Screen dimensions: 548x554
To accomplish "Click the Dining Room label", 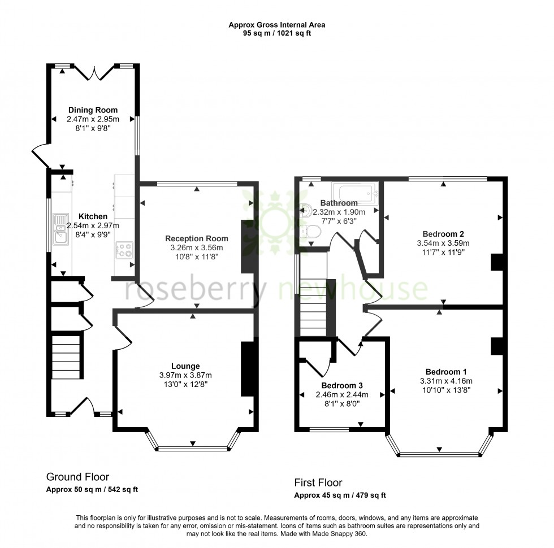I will pos(93,110).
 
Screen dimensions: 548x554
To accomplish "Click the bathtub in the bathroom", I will pos(355,193).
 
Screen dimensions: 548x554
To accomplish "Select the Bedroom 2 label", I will pos(443,234).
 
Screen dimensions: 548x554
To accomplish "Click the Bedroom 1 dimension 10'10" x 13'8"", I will pos(446,390).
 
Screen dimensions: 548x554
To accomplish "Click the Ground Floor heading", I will pos(77,477).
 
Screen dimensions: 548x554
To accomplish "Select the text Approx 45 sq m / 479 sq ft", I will pos(340,495).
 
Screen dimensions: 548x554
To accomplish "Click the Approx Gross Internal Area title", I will pos(277,24).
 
